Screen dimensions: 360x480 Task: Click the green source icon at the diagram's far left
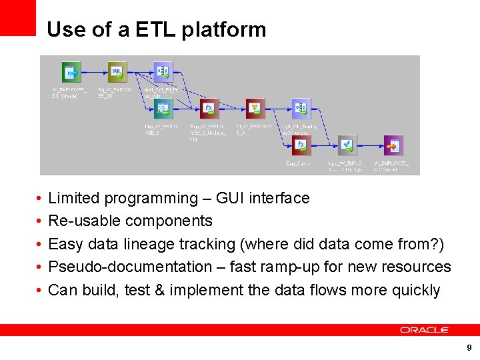71,71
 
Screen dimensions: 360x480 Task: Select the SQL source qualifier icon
117,71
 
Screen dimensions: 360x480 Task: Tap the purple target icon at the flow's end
393,145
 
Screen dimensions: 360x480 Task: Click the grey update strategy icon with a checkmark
347,145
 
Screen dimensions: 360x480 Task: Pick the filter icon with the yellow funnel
255,108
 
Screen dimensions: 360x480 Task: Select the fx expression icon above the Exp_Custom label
301,145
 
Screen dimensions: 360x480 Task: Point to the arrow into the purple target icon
370,145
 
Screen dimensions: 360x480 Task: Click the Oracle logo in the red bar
425,330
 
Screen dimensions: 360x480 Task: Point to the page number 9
469,348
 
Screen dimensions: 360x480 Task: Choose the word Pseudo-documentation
121,267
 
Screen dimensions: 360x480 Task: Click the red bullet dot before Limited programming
39,199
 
